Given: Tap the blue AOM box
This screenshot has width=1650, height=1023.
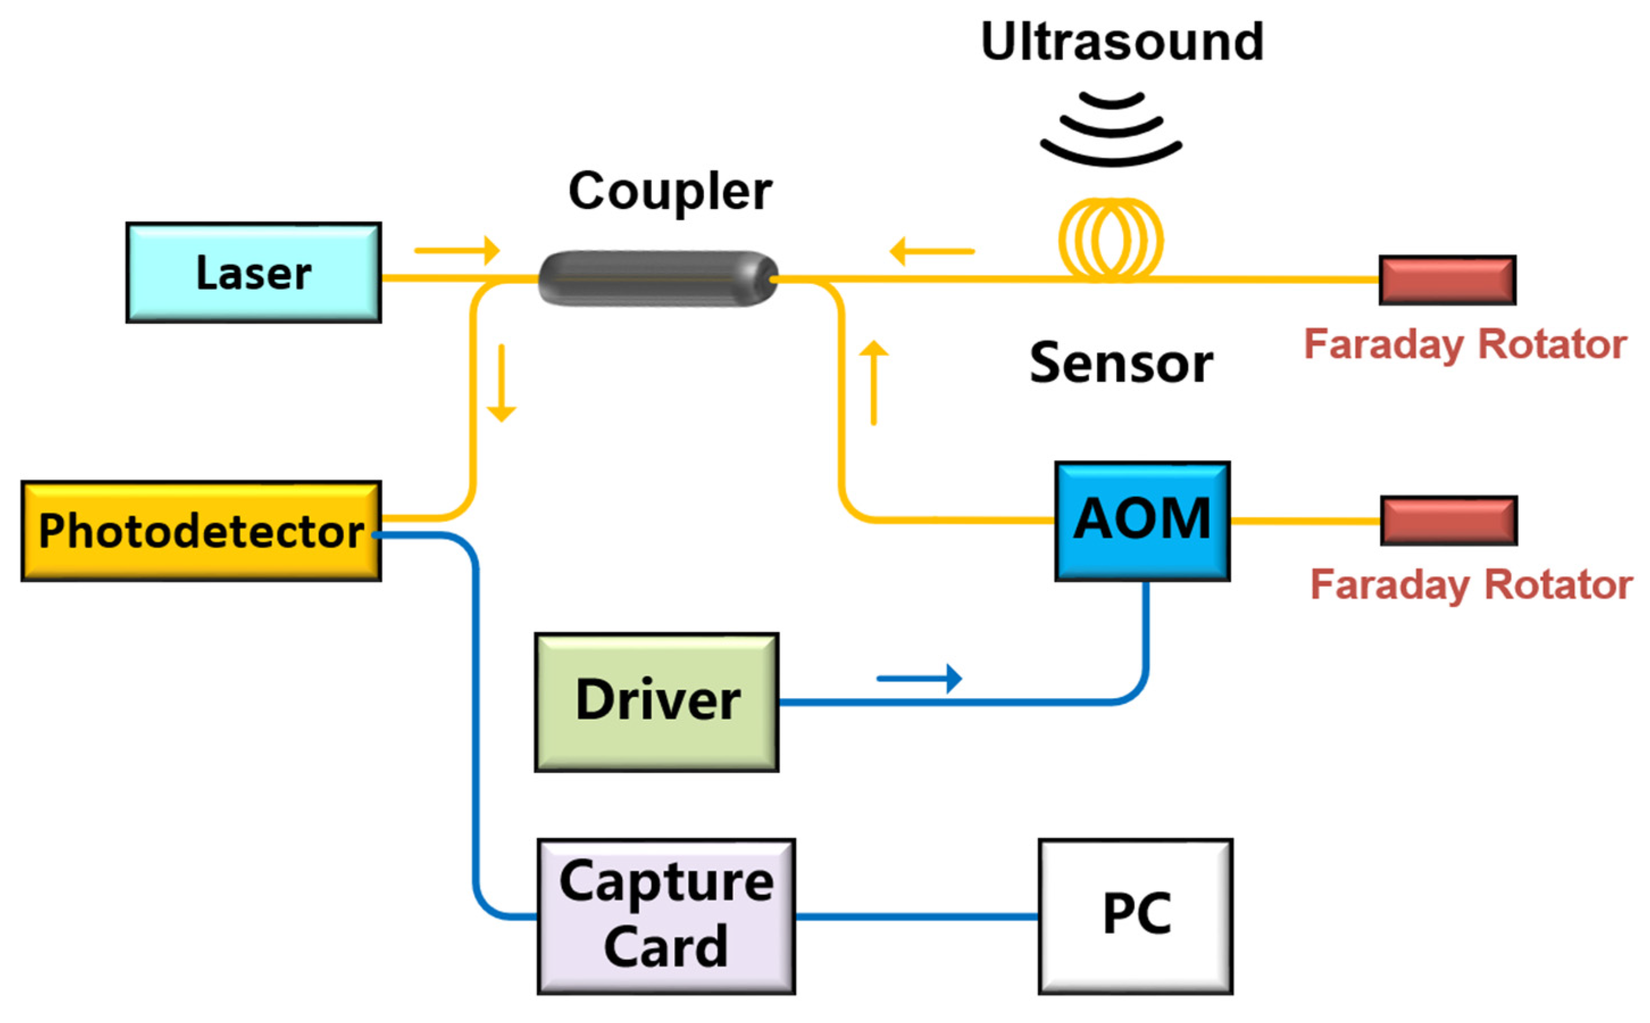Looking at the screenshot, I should (1142, 521).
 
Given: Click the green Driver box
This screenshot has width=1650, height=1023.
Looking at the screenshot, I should (656, 702).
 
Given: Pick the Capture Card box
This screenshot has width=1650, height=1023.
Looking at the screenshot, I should (666, 916).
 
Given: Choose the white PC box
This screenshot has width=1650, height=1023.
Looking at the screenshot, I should (1135, 916).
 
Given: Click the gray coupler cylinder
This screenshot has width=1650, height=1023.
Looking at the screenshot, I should (658, 279).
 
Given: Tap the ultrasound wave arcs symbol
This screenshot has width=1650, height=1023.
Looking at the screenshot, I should (1110, 128).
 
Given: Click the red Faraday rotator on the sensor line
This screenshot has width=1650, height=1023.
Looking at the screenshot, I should (1447, 280).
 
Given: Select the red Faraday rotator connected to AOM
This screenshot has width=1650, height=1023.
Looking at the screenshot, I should (1448, 520).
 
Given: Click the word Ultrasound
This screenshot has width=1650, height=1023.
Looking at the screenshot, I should (1122, 42).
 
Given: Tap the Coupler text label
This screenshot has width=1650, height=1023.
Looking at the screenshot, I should (670, 191).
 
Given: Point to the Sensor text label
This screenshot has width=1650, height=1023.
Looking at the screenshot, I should (1121, 364).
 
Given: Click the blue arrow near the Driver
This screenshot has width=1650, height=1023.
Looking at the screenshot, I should (918, 678).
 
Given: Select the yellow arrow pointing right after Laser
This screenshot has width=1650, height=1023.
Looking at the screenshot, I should (457, 250).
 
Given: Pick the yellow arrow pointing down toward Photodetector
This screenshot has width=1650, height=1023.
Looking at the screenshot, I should (502, 383).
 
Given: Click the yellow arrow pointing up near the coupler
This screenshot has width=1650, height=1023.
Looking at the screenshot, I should (874, 382).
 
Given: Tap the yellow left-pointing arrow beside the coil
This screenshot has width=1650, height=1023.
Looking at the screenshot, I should (931, 251).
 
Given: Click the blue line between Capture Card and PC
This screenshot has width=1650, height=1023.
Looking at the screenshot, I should (917, 917).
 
